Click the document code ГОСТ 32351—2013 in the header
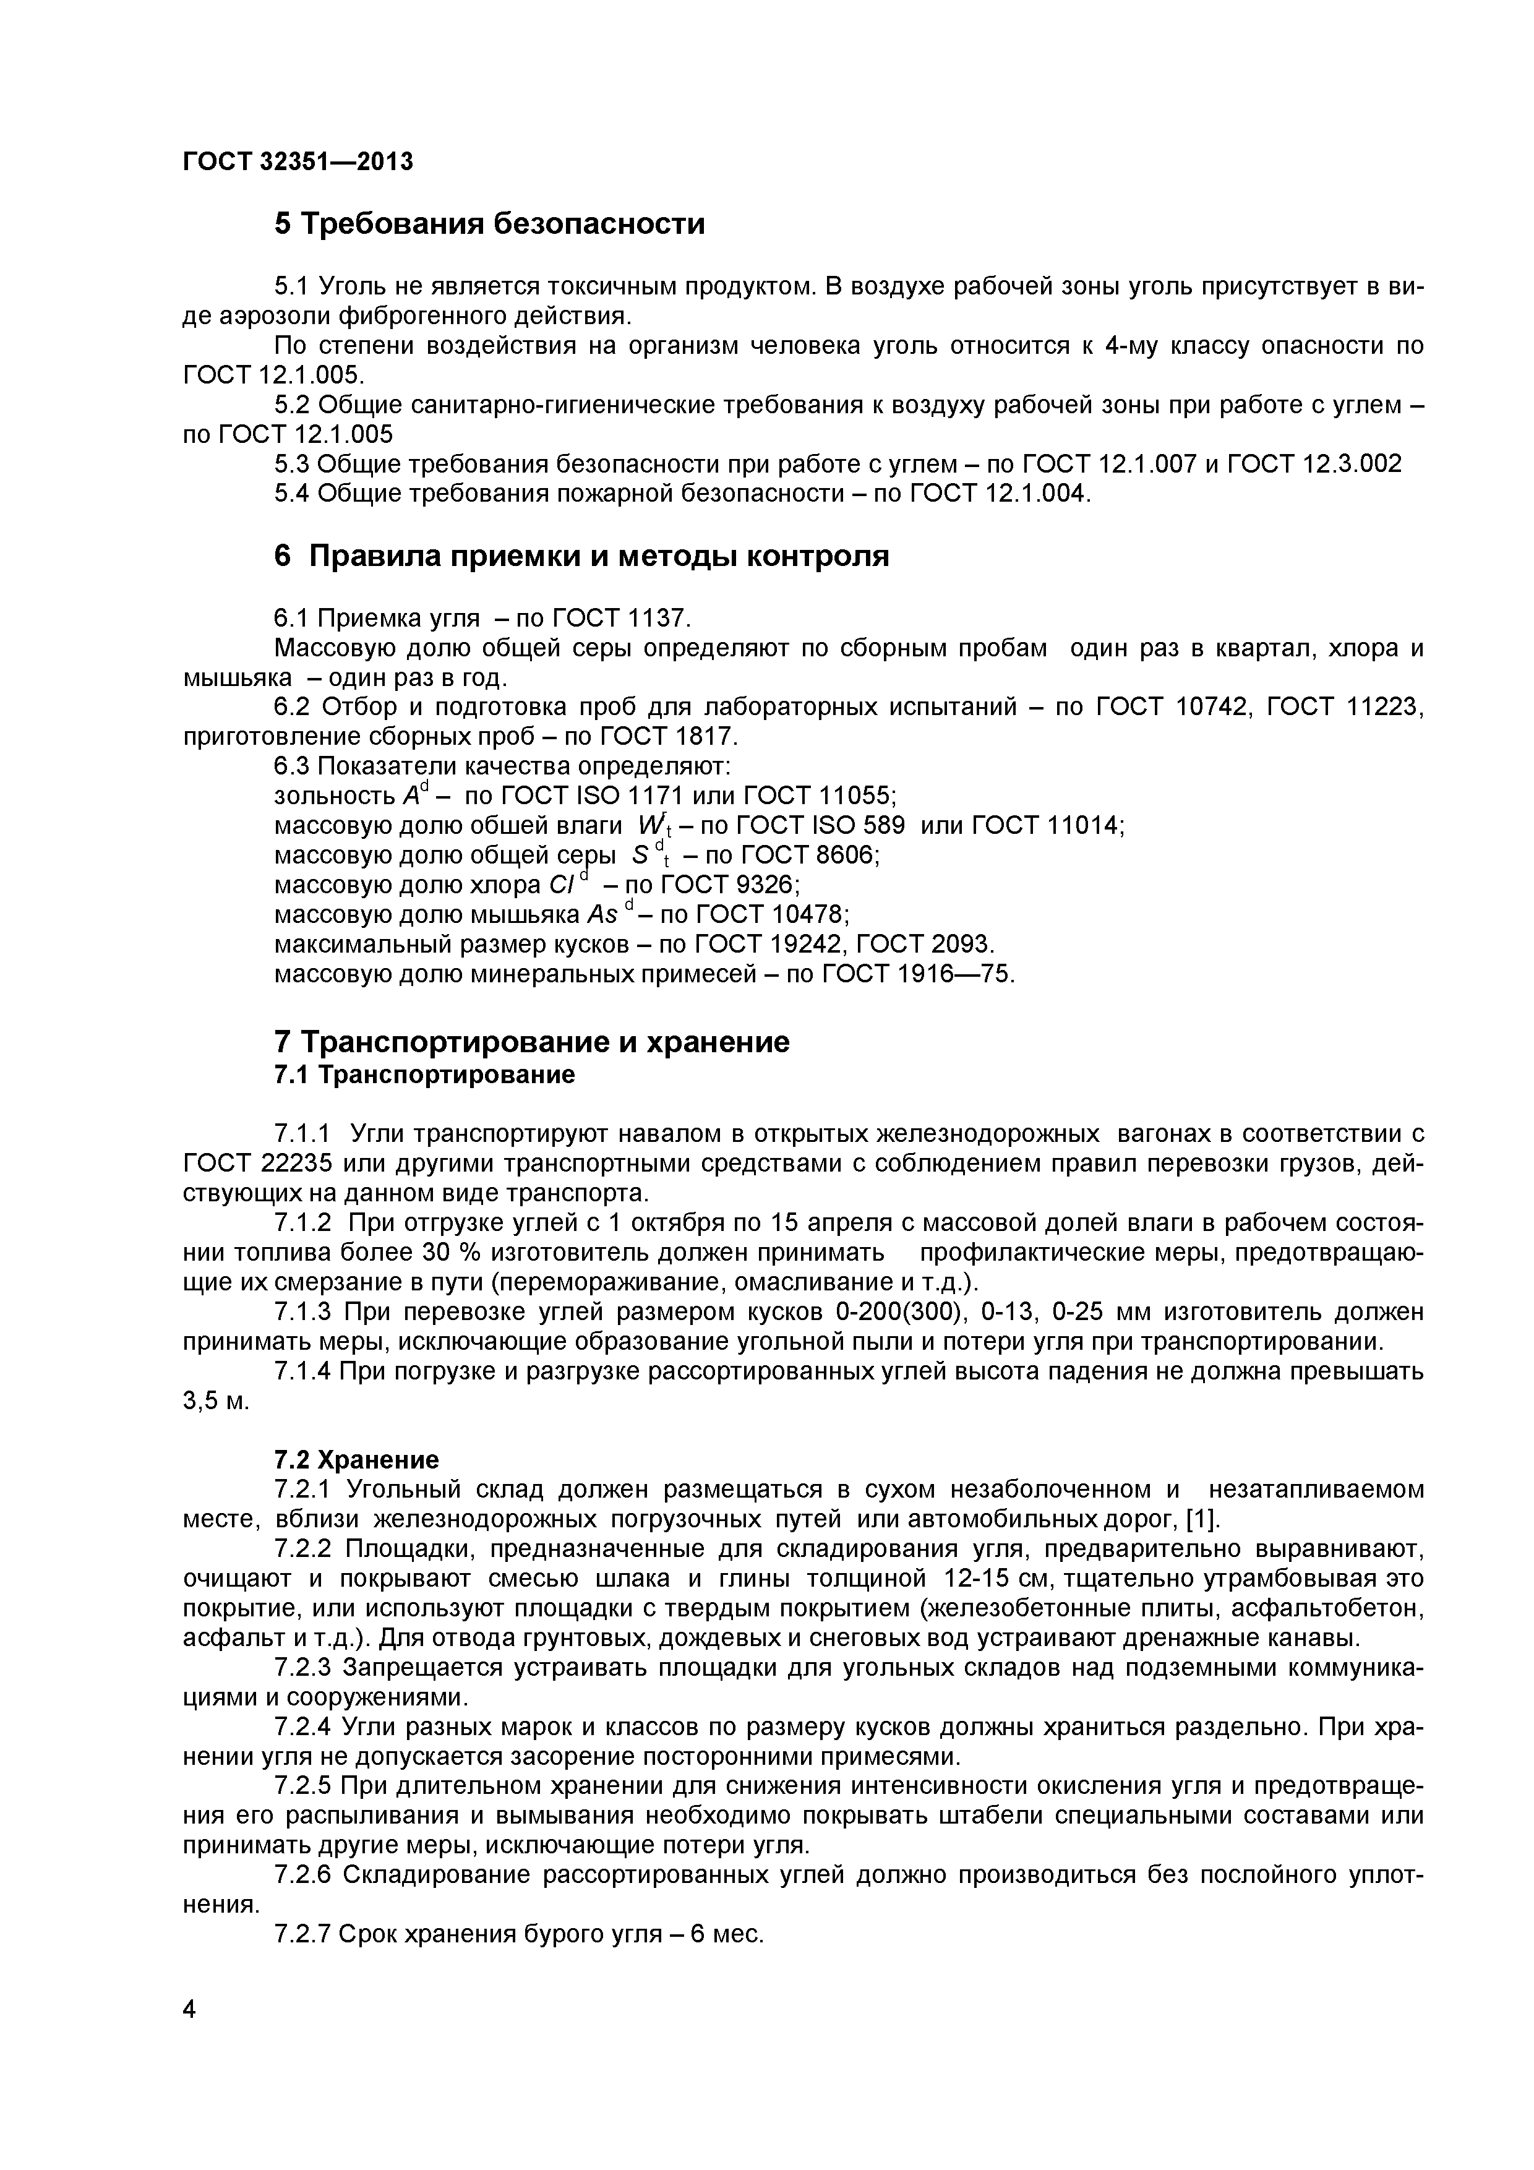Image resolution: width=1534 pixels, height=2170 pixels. pyautogui.click(x=298, y=161)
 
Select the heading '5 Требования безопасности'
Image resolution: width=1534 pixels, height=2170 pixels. pyautogui.click(x=490, y=224)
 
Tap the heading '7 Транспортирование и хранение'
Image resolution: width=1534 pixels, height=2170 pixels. pyautogui.click(x=531, y=1042)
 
